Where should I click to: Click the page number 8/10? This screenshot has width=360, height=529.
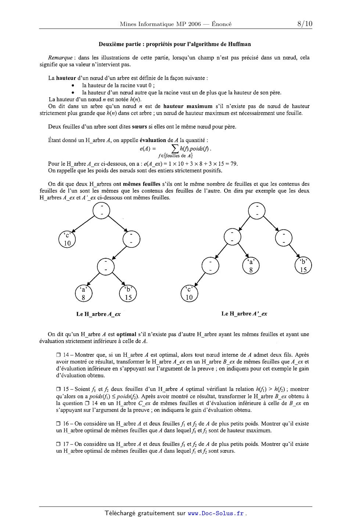(x=305, y=24)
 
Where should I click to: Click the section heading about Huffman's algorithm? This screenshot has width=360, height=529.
(x=174, y=44)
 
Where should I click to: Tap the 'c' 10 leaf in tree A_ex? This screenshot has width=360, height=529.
(x=67, y=239)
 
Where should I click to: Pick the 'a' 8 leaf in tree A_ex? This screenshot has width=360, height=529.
(x=83, y=293)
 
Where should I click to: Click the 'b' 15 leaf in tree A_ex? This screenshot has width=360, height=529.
(x=128, y=293)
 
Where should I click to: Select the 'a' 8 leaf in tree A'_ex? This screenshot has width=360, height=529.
(x=251, y=265)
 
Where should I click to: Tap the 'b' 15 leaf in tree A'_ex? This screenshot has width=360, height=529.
(x=303, y=265)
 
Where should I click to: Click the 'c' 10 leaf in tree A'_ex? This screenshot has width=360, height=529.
(x=190, y=293)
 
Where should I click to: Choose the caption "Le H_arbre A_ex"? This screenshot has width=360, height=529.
(x=98, y=314)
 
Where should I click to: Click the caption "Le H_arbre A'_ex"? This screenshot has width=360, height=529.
(x=244, y=314)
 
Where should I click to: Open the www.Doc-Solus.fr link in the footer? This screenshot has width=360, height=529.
(x=216, y=514)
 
